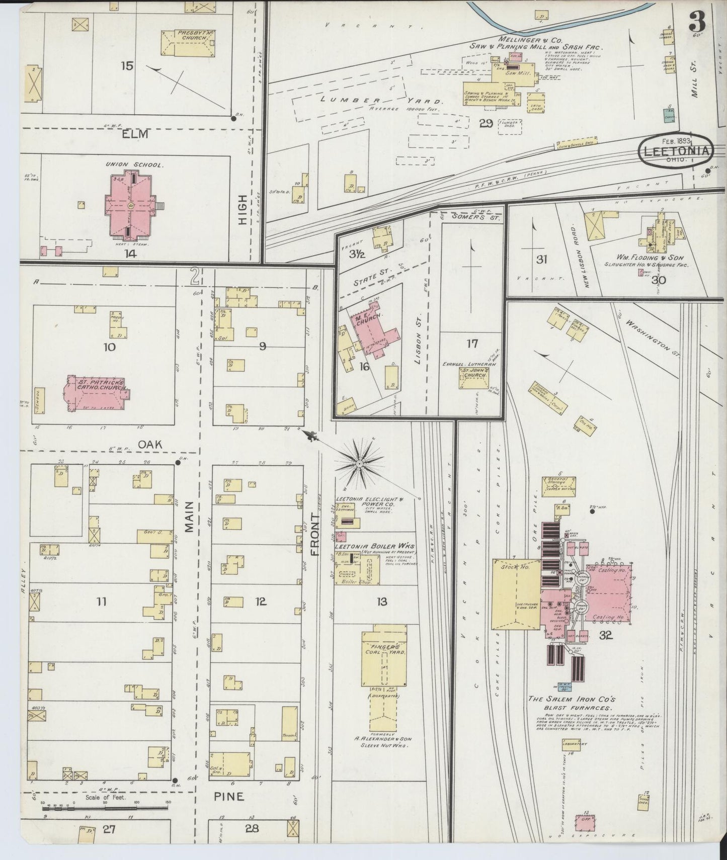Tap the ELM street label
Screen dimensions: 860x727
pos(136,134)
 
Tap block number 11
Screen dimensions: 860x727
pos(102,601)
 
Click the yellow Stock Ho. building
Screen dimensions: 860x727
pos(515,593)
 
